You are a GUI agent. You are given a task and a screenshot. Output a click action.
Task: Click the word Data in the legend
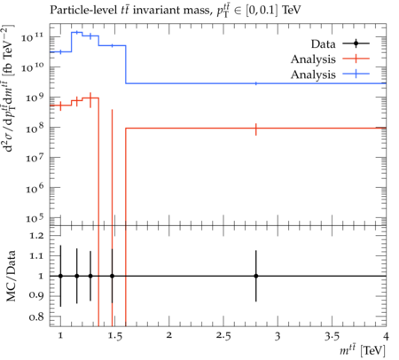pyautogui.click(x=323, y=44)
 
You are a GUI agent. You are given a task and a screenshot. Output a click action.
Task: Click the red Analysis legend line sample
pyautogui.click(x=356, y=59)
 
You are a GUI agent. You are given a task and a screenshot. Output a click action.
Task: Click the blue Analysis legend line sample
pyautogui.click(x=356, y=74)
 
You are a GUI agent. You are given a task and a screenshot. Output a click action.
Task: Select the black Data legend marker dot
pyautogui.click(x=356, y=43)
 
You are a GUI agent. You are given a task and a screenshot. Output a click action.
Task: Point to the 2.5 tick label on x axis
pyautogui.click(x=223, y=336)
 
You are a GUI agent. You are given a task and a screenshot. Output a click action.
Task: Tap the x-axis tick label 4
pyautogui.click(x=386, y=336)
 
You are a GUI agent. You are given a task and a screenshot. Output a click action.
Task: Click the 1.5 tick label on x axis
pyautogui.click(x=114, y=336)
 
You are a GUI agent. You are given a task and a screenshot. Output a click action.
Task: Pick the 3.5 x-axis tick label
pyautogui.click(x=332, y=336)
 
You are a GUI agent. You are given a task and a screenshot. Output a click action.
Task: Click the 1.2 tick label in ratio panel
pyautogui.click(x=36, y=236)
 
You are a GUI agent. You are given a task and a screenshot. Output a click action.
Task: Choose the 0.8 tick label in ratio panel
pyautogui.click(x=36, y=317)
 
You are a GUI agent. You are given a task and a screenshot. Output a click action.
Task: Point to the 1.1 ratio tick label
pyautogui.click(x=36, y=256)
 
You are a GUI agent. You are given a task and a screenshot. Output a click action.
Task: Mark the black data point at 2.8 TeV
pyautogui.click(x=256, y=276)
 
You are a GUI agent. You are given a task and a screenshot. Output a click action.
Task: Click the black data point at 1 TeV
pyautogui.click(x=60, y=276)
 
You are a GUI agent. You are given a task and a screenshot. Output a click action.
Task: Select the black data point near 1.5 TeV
pyautogui.click(x=112, y=276)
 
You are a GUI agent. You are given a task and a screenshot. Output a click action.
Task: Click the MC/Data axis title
pyautogui.click(x=11, y=276)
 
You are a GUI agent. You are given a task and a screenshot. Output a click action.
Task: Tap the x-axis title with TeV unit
pyautogui.click(x=363, y=351)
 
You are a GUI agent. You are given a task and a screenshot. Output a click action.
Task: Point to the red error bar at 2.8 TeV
pyautogui.click(x=256, y=129)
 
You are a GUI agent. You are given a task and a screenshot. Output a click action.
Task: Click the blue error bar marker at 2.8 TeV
pyautogui.click(x=256, y=83)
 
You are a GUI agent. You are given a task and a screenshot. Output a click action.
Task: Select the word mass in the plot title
pyautogui.click(x=197, y=11)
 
